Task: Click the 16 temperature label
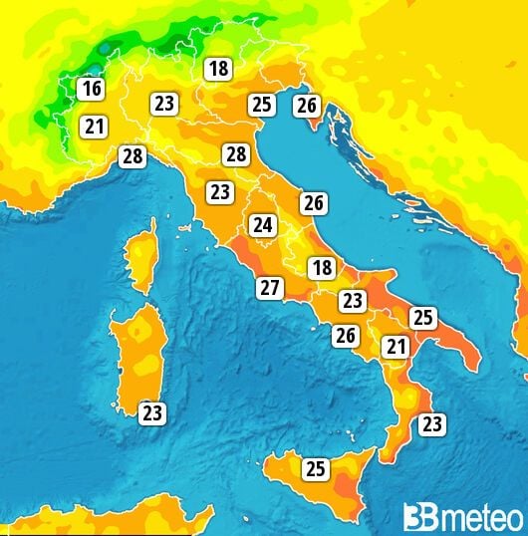[x=92, y=89]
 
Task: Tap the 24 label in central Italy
[x=263, y=224]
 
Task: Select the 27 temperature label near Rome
[x=269, y=288]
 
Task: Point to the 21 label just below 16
[x=95, y=127]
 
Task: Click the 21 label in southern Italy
[x=396, y=347]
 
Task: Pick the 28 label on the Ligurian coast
[x=132, y=155]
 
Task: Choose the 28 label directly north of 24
[x=236, y=154]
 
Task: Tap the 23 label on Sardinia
[x=151, y=412]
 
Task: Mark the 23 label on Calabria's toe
[x=431, y=424]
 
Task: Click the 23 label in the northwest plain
[x=164, y=103]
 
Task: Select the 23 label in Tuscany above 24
[x=219, y=191]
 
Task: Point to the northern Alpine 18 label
[x=217, y=69]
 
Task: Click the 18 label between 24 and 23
[x=321, y=267]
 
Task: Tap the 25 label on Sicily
[x=316, y=467]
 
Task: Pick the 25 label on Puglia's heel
[x=423, y=318]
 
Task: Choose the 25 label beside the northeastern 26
[x=262, y=104]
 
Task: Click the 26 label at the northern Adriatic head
[x=307, y=104]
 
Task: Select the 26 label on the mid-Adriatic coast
[x=314, y=203]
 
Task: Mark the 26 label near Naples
[x=346, y=336]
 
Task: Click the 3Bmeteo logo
[x=463, y=516]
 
